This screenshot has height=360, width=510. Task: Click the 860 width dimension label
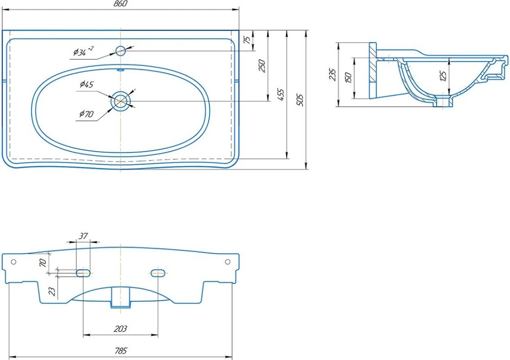[x=121, y=4]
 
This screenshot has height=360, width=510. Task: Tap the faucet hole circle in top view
[x=121, y=51]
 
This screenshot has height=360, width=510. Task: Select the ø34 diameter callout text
[x=83, y=51]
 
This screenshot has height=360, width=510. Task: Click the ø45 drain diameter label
[x=87, y=84]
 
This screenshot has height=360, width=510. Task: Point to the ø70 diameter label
[x=86, y=114]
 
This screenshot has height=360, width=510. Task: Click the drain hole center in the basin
[x=121, y=101]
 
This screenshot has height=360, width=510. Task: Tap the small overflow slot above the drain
[x=121, y=69]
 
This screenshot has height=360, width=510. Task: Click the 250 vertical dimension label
[x=262, y=66]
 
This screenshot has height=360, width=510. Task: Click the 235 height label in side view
[x=332, y=75]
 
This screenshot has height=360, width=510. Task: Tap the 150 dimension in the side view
[x=348, y=78]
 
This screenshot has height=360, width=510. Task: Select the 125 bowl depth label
[x=443, y=76]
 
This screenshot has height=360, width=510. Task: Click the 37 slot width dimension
[x=83, y=236]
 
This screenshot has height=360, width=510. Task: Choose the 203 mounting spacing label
[x=121, y=329]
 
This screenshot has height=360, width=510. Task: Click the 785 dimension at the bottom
[x=121, y=351]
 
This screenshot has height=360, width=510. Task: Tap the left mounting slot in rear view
[x=83, y=273]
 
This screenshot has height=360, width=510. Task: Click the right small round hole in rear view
[x=228, y=262]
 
